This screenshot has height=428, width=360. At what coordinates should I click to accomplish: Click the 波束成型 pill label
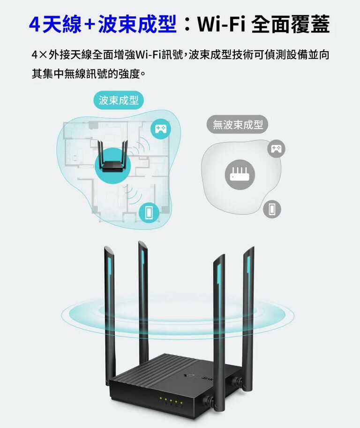pos(119,100)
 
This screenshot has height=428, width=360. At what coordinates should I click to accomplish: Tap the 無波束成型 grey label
pos(238,125)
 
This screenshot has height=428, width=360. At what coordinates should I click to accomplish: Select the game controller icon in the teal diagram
pos(160,129)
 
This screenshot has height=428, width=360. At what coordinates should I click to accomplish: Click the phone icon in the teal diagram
pos(149,212)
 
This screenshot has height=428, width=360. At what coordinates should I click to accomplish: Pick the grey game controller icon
pos(274,148)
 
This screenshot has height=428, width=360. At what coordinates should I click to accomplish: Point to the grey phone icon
pos(272,208)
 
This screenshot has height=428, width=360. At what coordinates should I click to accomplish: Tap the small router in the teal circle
pos(111,162)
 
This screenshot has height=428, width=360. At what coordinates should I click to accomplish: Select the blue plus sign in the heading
pos(90,25)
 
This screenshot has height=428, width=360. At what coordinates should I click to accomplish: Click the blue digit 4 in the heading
pos(34,25)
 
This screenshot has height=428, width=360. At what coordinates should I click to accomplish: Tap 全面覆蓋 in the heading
pos(291,24)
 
